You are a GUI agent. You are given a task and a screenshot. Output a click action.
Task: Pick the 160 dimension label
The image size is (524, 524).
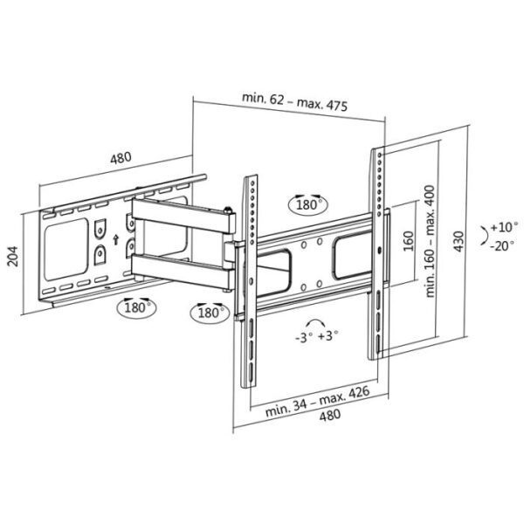(x=408, y=241)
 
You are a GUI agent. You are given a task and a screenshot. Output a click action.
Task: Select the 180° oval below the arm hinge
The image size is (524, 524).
(x=207, y=312)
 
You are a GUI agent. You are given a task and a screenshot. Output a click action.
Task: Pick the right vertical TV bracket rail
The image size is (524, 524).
(x=378, y=253)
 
